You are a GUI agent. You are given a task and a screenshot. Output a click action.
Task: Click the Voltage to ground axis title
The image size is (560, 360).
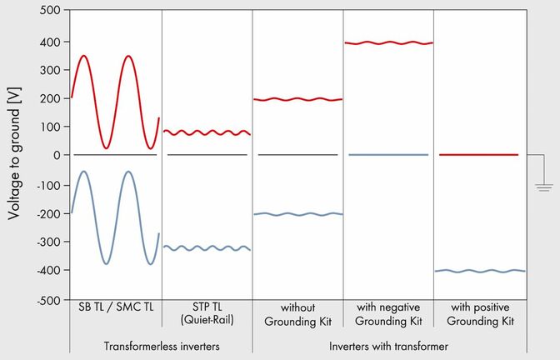click(x=14, y=155)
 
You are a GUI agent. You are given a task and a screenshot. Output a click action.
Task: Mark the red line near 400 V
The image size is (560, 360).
click(x=388, y=42)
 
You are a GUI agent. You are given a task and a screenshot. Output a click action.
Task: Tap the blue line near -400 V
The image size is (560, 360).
click(x=479, y=271)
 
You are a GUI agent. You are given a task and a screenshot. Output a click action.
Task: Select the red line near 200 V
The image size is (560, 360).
click(x=297, y=99)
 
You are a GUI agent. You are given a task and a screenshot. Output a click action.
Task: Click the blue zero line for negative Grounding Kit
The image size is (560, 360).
click(x=388, y=155)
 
